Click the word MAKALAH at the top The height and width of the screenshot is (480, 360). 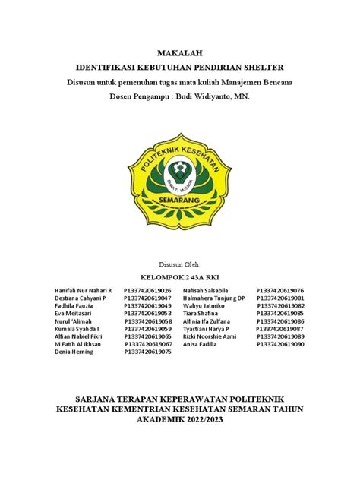180,52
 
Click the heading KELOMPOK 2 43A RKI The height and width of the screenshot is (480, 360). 180,277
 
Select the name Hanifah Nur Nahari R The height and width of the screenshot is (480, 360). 84,291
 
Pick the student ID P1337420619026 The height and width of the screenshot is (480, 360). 147,291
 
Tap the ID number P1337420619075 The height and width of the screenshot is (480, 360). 147,352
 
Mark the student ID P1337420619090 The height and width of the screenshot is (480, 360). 280,344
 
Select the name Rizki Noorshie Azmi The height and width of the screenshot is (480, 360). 217,336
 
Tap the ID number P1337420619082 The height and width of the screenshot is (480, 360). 280,306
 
